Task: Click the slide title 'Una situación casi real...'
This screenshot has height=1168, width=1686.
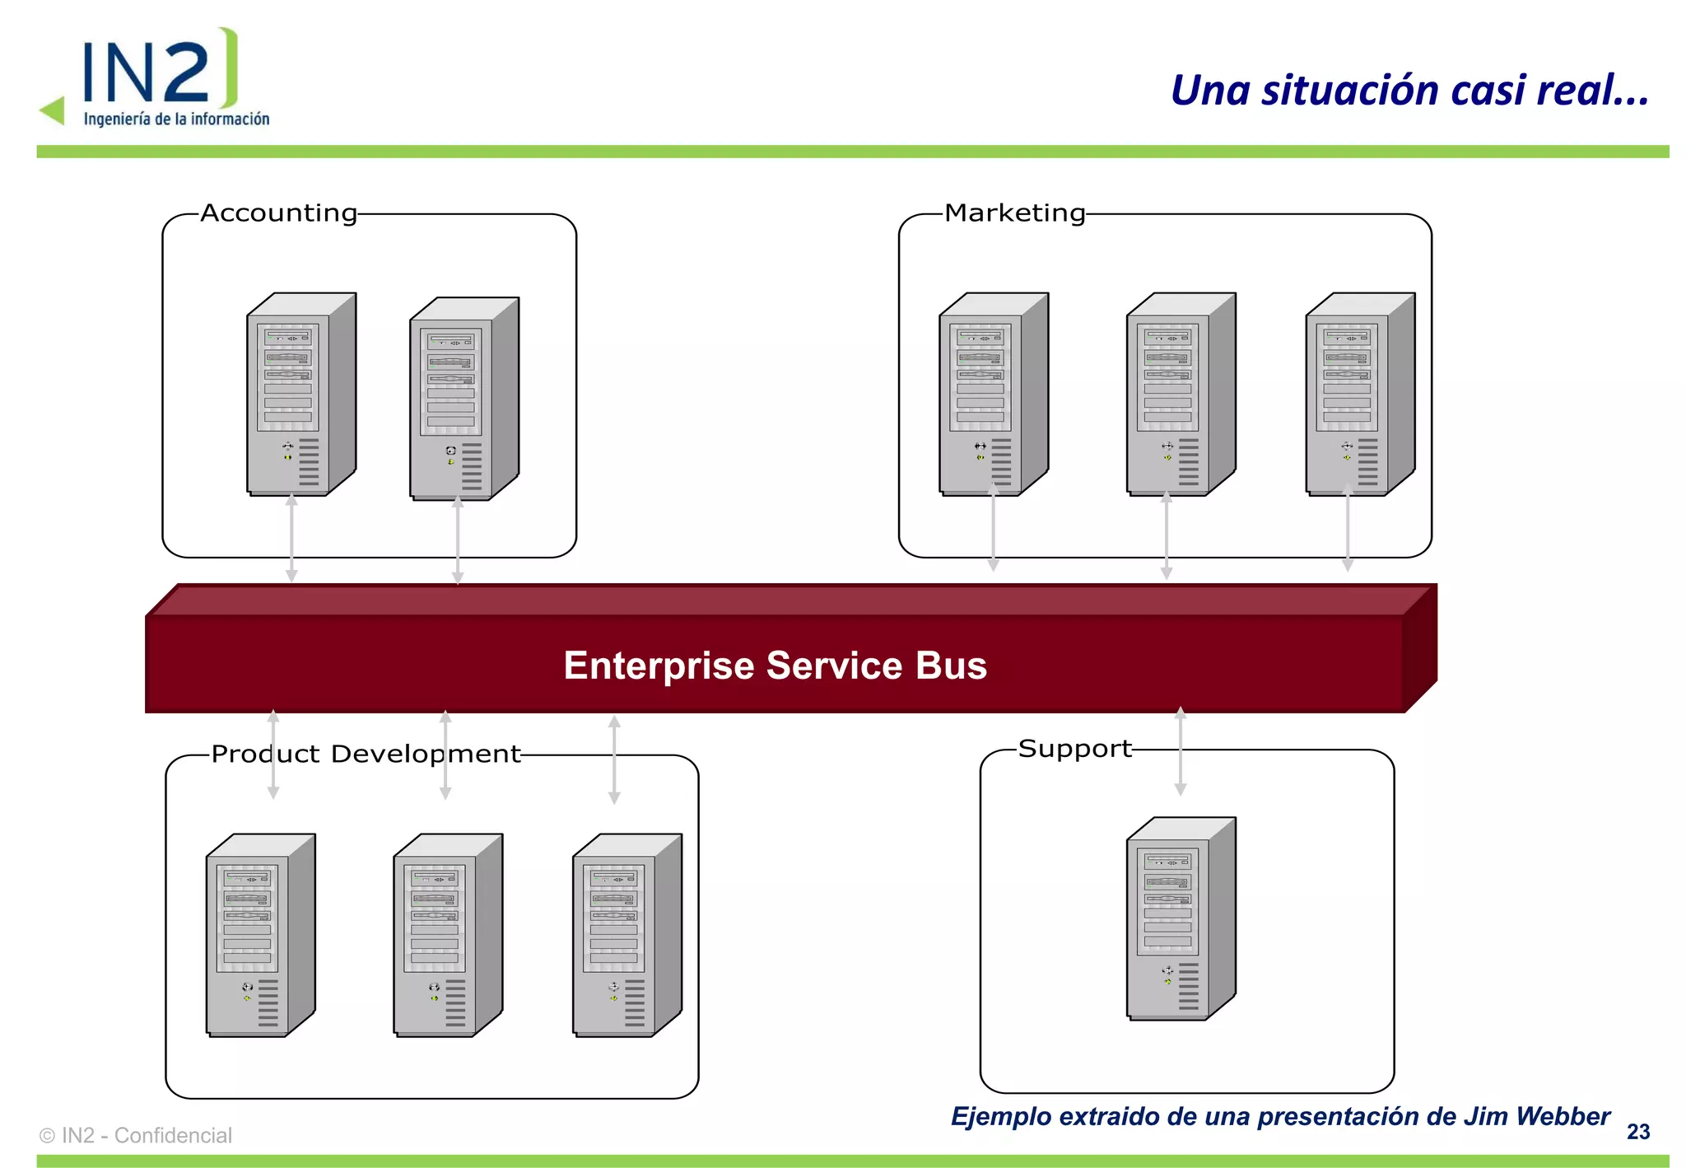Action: (1409, 91)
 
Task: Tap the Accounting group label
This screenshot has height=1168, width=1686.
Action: (278, 213)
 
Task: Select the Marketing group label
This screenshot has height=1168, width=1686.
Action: (1014, 213)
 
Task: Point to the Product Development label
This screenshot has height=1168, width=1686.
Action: (366, 754)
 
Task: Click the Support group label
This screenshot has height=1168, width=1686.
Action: (1074, 749)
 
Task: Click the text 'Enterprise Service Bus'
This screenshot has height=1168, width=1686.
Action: (775, 666)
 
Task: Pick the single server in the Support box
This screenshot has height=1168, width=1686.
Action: (1180, 918)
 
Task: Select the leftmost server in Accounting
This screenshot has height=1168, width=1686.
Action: (300, 394)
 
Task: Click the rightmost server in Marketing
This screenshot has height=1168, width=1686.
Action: (1359, 394)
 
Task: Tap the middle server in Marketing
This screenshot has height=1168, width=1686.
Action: (1180, 394)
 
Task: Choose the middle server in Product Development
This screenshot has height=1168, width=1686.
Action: (447, 935)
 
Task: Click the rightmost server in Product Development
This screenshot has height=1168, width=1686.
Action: (626, 935)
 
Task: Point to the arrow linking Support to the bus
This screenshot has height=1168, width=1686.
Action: (1180, 751)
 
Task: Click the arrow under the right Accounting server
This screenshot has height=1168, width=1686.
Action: (458, 540)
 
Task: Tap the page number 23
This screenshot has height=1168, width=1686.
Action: (1637, 1133)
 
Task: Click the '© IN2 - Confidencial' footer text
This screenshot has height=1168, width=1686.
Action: (136, 1136)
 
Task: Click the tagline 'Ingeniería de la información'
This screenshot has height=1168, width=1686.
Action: (176, 119)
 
